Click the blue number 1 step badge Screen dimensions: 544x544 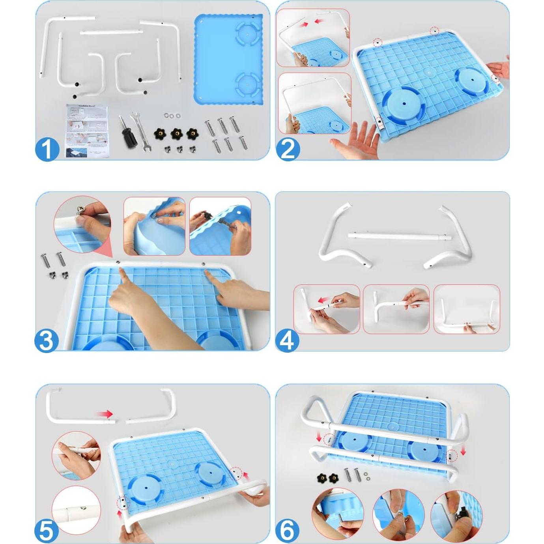point(47,149)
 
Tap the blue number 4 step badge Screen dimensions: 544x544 point(287,340)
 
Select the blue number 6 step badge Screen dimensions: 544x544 point(287,531)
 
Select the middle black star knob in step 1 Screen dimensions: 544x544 point(177,134)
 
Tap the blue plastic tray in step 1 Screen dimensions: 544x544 point(229,59)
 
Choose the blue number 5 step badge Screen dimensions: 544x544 point(47,531)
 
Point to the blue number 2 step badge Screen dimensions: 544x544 point(288,149)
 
